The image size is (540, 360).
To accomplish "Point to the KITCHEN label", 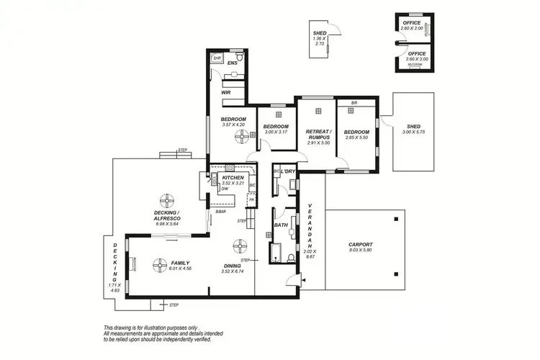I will point(233,177).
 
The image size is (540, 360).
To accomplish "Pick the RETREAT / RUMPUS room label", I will point(318,135).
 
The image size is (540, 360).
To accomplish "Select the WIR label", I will point(225,93).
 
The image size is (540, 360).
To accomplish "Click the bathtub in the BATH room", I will point(276,253).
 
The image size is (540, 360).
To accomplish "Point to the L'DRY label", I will point(288,171).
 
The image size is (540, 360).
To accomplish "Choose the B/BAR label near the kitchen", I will point(220,211).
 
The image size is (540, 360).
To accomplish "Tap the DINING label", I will point(231,265).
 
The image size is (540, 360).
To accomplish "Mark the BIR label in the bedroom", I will point(354,103).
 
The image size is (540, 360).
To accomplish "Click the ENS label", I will point(232,64).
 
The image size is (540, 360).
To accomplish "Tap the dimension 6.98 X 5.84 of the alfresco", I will point(166,224).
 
